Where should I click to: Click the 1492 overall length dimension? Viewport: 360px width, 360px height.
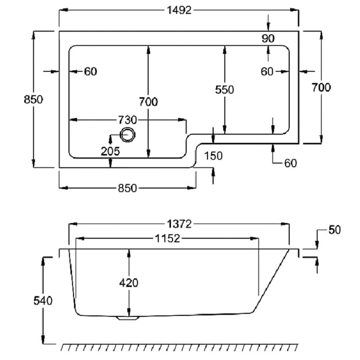tap(179, 10)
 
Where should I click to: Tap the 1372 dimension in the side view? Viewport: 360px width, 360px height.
tap(179, 224)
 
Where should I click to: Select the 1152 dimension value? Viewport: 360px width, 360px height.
tap(168, 238)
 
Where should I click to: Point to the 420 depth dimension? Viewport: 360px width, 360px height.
tap(129, 283)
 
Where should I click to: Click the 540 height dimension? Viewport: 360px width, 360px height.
tap(43, 301)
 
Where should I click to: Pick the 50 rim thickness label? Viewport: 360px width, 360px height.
tap(334, 230)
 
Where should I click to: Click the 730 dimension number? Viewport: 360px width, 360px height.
tap(127, 120)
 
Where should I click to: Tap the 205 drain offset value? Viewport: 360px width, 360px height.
tap(110, 151)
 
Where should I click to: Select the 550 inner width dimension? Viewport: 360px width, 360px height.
tap(225, 90)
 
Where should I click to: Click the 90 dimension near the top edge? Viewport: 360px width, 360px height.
tap(268, 38)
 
